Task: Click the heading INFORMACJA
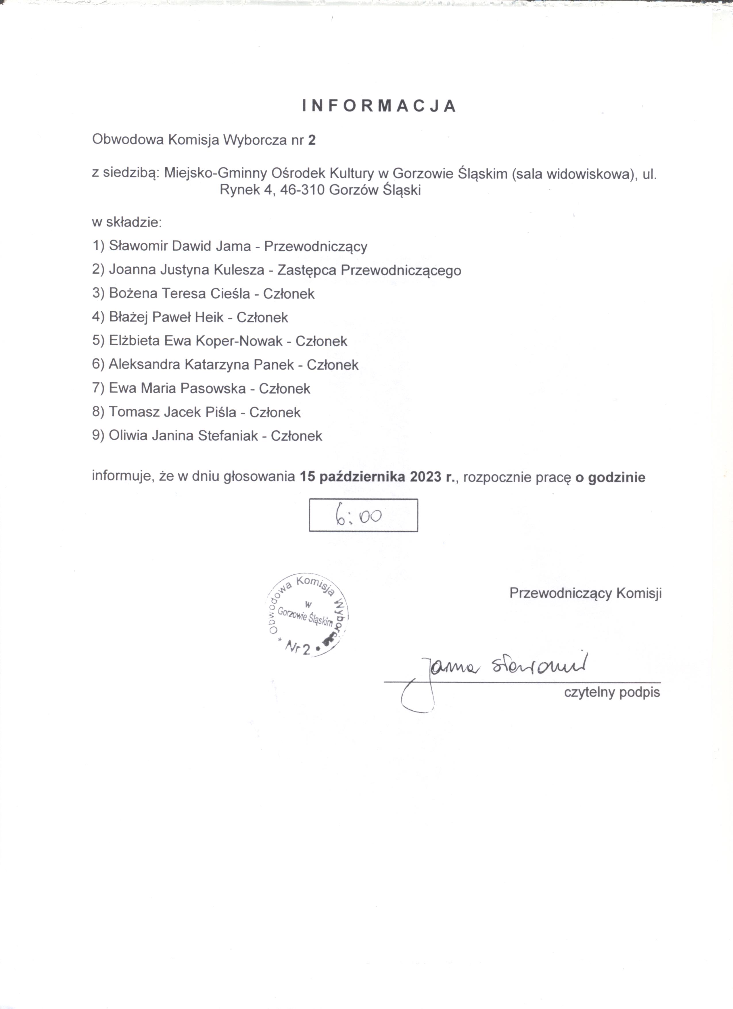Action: pos(379,106)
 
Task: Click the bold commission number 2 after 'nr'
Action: pos(312,140)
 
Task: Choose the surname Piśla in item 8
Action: pos(220,412)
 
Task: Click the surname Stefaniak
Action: pos(228,436)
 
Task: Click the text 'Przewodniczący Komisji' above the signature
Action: pos(585,593)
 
